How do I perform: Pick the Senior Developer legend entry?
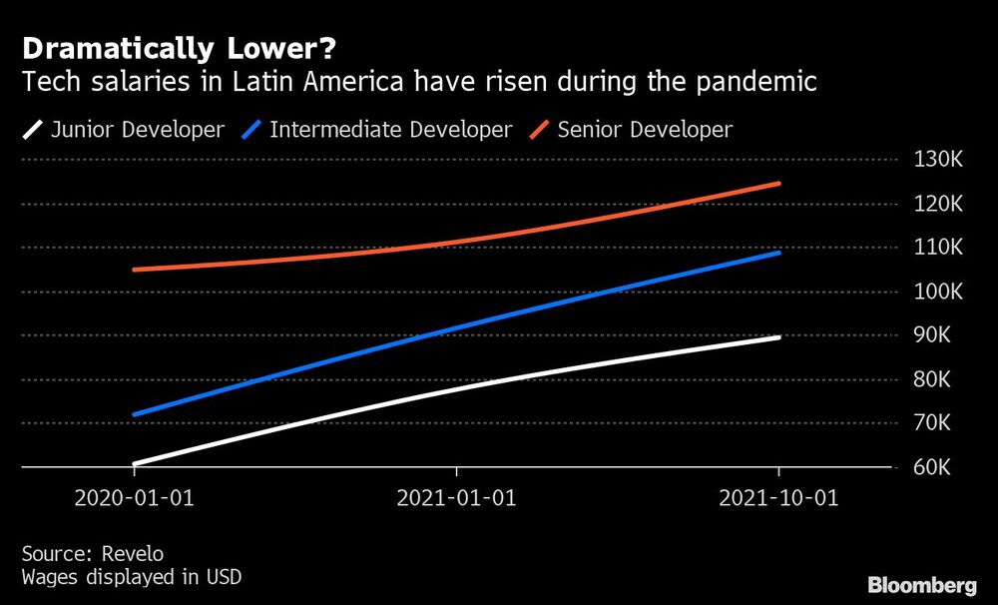645,130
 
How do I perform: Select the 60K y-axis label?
933,467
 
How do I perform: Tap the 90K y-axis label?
933,335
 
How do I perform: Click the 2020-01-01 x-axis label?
134,498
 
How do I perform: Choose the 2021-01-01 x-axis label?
456,498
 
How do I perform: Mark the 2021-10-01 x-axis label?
778,498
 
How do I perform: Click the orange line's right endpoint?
778,184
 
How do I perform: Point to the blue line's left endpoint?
135,414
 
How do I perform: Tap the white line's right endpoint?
778,337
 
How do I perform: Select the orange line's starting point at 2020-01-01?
135,270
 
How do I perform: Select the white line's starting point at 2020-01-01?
135,464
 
